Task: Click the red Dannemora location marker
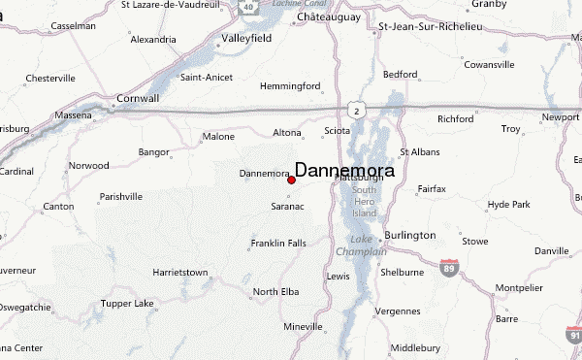tap(291, 180)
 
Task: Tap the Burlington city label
tap(408, 236)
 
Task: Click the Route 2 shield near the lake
tap(357, 111)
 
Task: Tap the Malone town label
tap(218, 138)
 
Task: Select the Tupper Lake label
tap(127, 304)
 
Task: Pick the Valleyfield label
tap(247, 40)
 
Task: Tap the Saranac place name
tap(288, 207)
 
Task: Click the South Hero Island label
tap(364, 201)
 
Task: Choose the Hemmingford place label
tap(291, 86)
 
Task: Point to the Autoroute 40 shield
tap(248, 7)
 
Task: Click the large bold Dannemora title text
tap(344, 171)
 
